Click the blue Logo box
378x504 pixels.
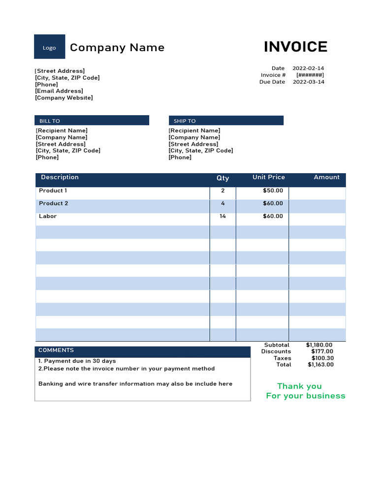click(49, 47)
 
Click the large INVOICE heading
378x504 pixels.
click(295, 47)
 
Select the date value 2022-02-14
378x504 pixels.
click(308, 68)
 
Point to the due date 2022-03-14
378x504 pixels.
click(308, 82)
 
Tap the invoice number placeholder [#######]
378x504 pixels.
click(310, 75)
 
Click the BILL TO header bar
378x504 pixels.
click(92, 121)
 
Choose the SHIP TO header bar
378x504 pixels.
click(226, 121)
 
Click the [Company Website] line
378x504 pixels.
click(64, 98)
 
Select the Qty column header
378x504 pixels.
click(222, 178)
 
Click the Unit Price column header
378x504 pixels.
click(268, 177)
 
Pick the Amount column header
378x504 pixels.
click(326, 177)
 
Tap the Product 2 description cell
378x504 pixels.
click(54, 204)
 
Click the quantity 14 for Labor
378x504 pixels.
click(222, 217)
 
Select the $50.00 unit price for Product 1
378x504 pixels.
click(273, 191)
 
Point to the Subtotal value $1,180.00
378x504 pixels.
click(319, 345)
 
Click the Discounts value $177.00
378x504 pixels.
click(322, 351)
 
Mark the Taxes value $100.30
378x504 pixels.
click(322, 358)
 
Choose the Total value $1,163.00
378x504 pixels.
click(320, 365)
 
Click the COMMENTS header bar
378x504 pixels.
click(142, 351)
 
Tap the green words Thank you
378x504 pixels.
click(299, 386)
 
